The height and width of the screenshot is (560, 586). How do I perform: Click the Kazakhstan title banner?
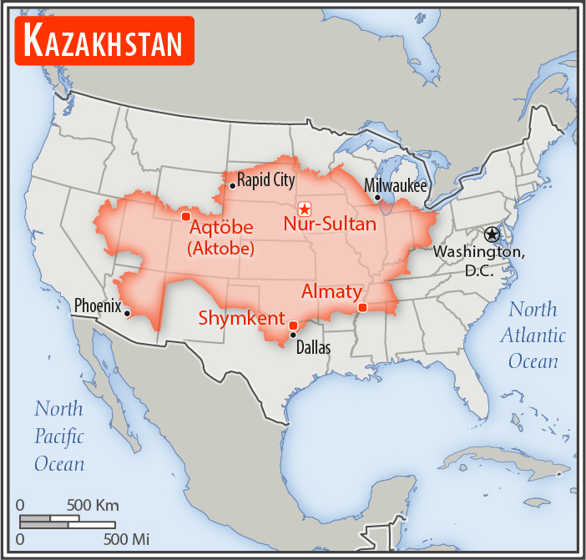(104, 40)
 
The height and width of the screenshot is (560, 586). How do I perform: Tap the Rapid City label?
(266, 179)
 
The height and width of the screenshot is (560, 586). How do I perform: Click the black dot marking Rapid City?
(232, 185)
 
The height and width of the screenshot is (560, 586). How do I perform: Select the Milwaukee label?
(395, 185)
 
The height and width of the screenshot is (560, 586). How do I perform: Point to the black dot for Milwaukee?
(378, 198)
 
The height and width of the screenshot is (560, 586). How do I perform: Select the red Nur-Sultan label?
(330, 224)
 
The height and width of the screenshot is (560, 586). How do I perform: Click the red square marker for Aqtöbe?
(185, 217)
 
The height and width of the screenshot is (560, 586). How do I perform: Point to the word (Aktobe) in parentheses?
(220, 249)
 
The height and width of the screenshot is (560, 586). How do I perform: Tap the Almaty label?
(331, 291)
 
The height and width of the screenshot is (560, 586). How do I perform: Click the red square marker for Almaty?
(361, 308)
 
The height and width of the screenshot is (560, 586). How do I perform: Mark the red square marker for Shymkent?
(292, 325)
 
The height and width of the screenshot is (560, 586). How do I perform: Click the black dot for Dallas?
(292, 335)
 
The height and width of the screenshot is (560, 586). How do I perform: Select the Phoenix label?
(98, 305)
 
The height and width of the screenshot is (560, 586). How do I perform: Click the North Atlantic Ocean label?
(533, 335)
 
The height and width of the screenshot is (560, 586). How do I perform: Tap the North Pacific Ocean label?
(58, 436)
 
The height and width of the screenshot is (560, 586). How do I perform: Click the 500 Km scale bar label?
(93, 505)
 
